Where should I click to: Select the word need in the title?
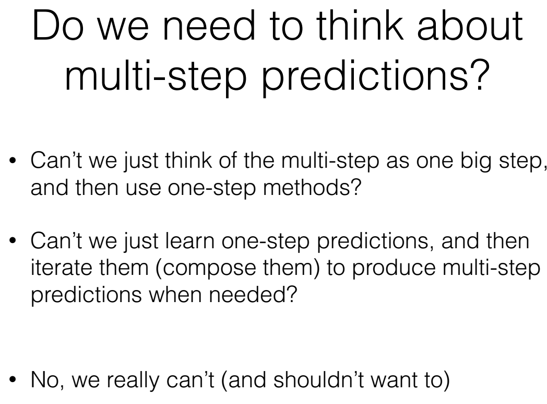tap(209, 26)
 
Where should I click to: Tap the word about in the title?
tap(470, 26)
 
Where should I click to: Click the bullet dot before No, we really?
tap(13, 379)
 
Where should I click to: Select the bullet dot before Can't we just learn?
tap(13, 240)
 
